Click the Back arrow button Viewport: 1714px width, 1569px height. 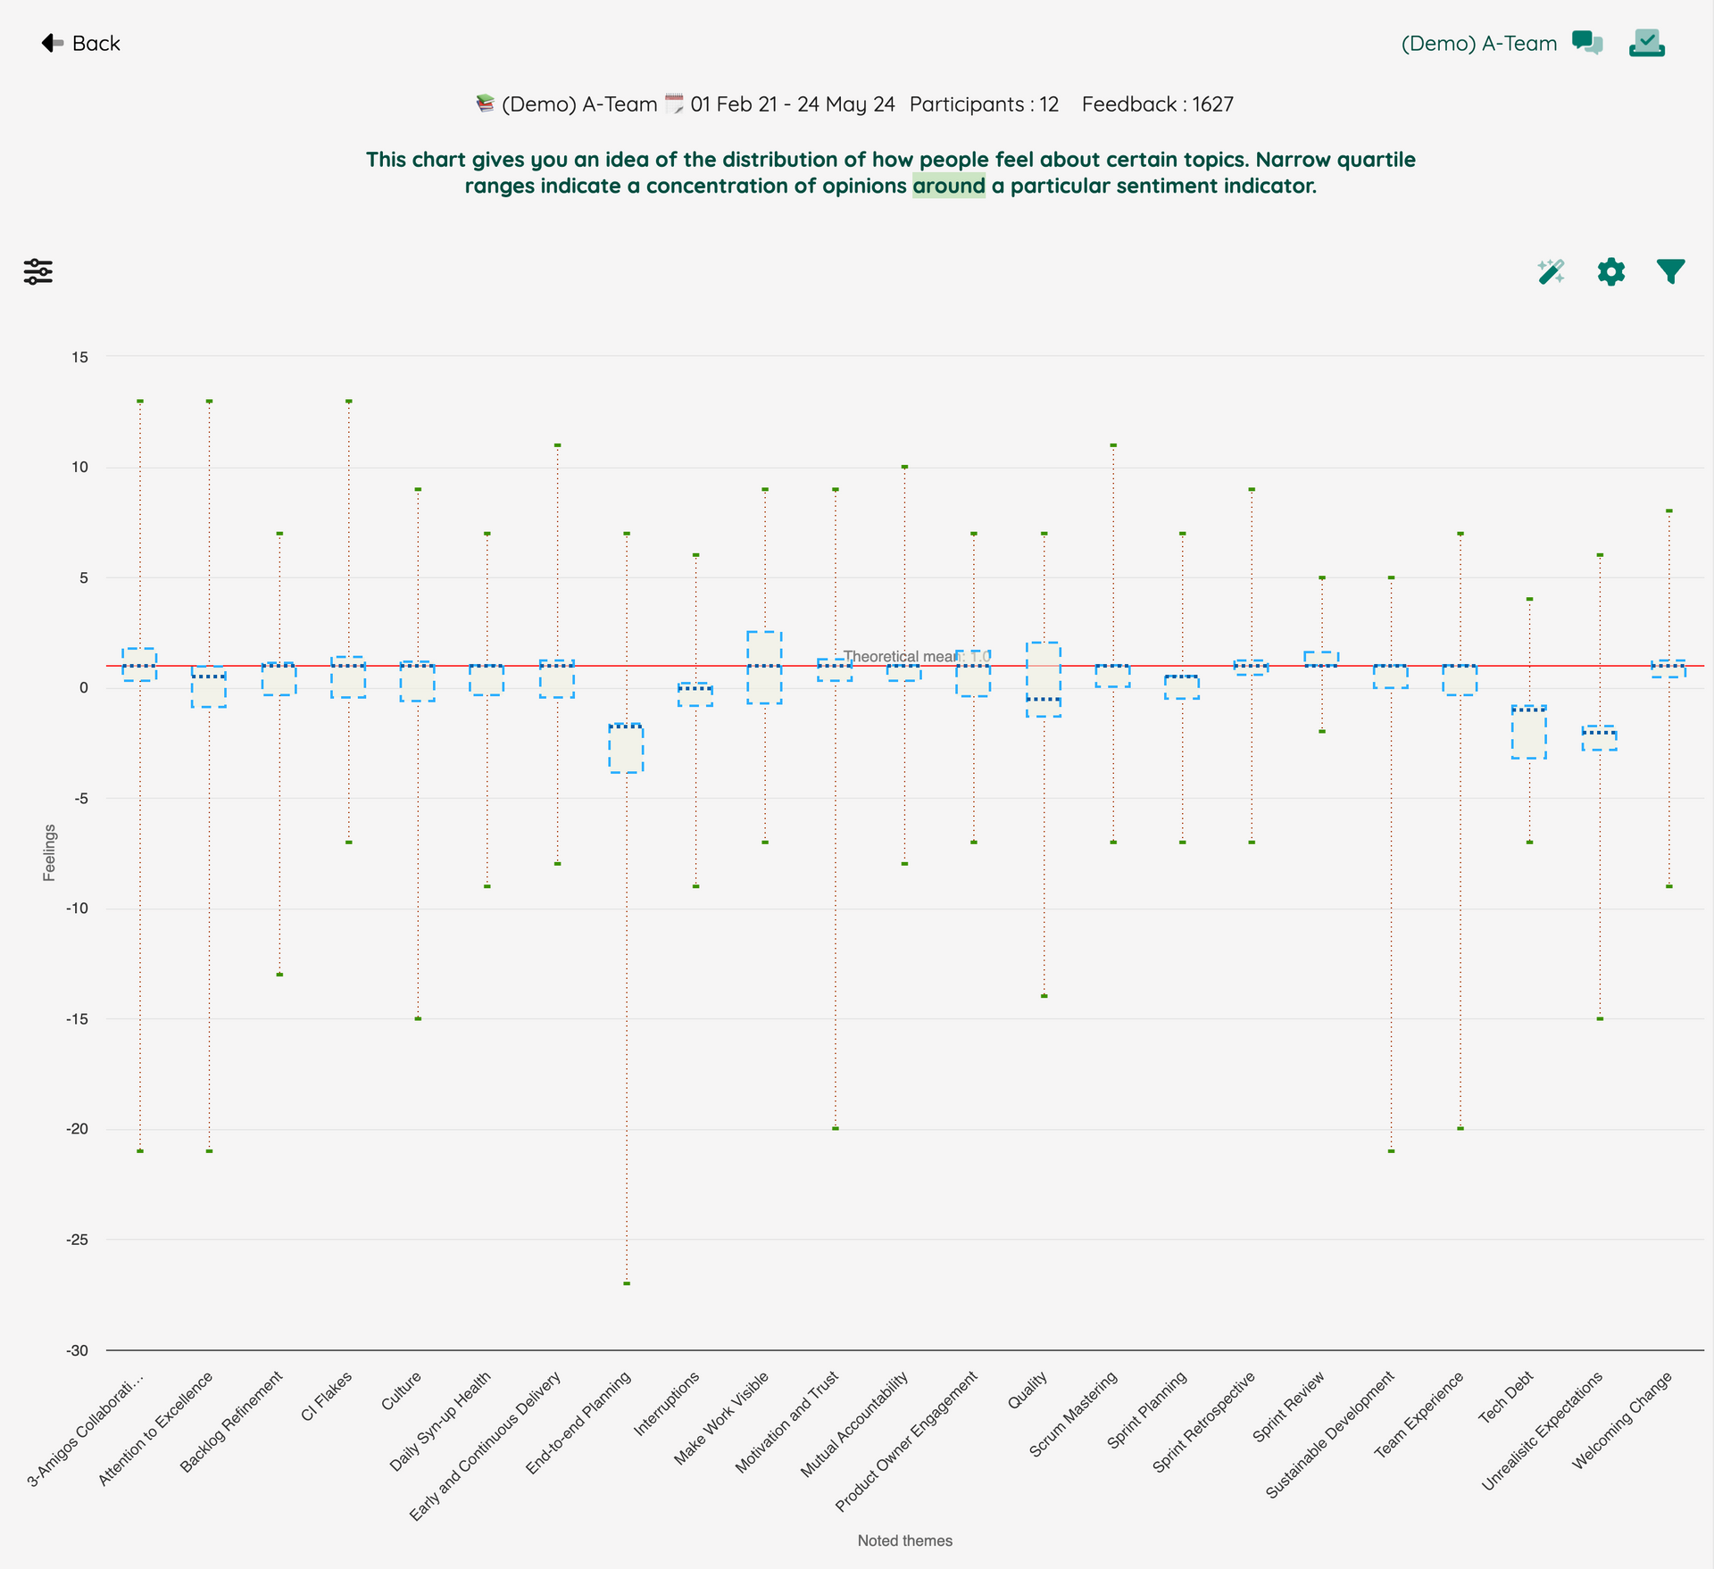(x=80, y=43)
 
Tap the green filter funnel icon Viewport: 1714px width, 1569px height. (x=1670, y=271)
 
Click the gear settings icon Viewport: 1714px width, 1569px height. (x=1611, y=271)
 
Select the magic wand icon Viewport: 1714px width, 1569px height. (x=1552, y=271)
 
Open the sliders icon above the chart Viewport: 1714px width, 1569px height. (x=38, y=271)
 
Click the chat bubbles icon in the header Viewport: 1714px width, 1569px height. (x=1587, y=43)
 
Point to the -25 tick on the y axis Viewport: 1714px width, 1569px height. (x=77, y=1240)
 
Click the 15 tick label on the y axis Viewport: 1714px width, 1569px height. (x=80, y=357)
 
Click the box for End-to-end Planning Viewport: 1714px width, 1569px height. (x=626, y=748)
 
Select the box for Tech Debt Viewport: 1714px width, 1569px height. (x=1529, y=732)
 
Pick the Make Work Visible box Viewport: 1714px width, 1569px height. (x=765, y=668)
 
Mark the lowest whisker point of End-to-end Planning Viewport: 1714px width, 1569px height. (x=627, y=1283)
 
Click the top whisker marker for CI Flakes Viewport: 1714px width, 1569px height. (x=349, y=402)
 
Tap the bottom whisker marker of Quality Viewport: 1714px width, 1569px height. (x=1044, y=996)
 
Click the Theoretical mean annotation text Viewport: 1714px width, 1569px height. (x=917, y=657)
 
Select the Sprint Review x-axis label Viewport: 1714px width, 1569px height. (x=1288, y=1407)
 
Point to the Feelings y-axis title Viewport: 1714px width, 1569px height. (x=49, y=852)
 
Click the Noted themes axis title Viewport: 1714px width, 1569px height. (x=905, y=1540)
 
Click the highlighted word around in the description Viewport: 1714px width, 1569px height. (x=949, y=186)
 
